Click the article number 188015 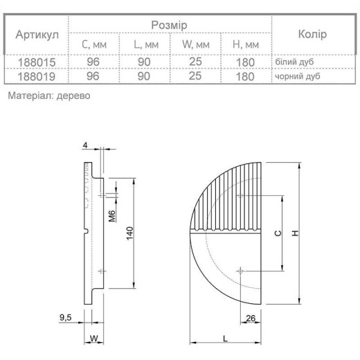click(37, 62)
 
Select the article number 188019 click(37, 76)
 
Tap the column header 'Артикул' click(37, 35)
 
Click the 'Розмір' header click(169, 25)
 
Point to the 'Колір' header click(312, 34)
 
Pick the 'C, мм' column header click(94, 44)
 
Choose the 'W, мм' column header click(196, 44)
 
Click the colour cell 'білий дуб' click(294, 62)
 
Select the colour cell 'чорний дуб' click(298, 76)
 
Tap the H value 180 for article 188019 click(245, 76)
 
